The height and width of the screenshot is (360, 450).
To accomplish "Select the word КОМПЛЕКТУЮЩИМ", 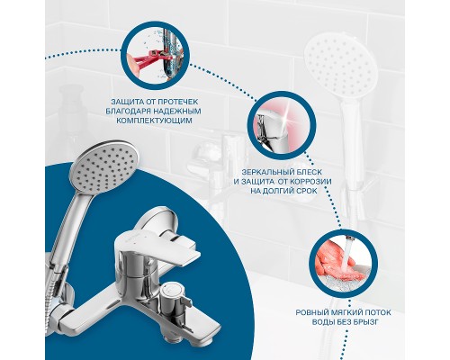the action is [154, 121].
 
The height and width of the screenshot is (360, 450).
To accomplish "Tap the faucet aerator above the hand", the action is [348, 238].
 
